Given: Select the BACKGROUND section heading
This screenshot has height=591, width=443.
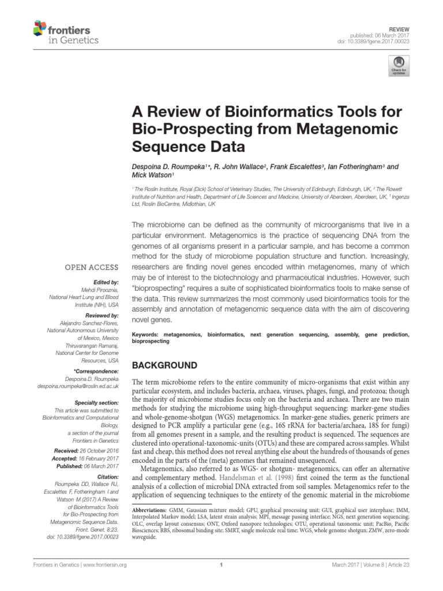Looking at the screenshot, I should [x=165, y=365].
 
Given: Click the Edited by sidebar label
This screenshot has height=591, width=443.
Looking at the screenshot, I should [x=105, y=283].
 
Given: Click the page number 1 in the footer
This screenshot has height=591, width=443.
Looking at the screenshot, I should [x=221, y=564].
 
